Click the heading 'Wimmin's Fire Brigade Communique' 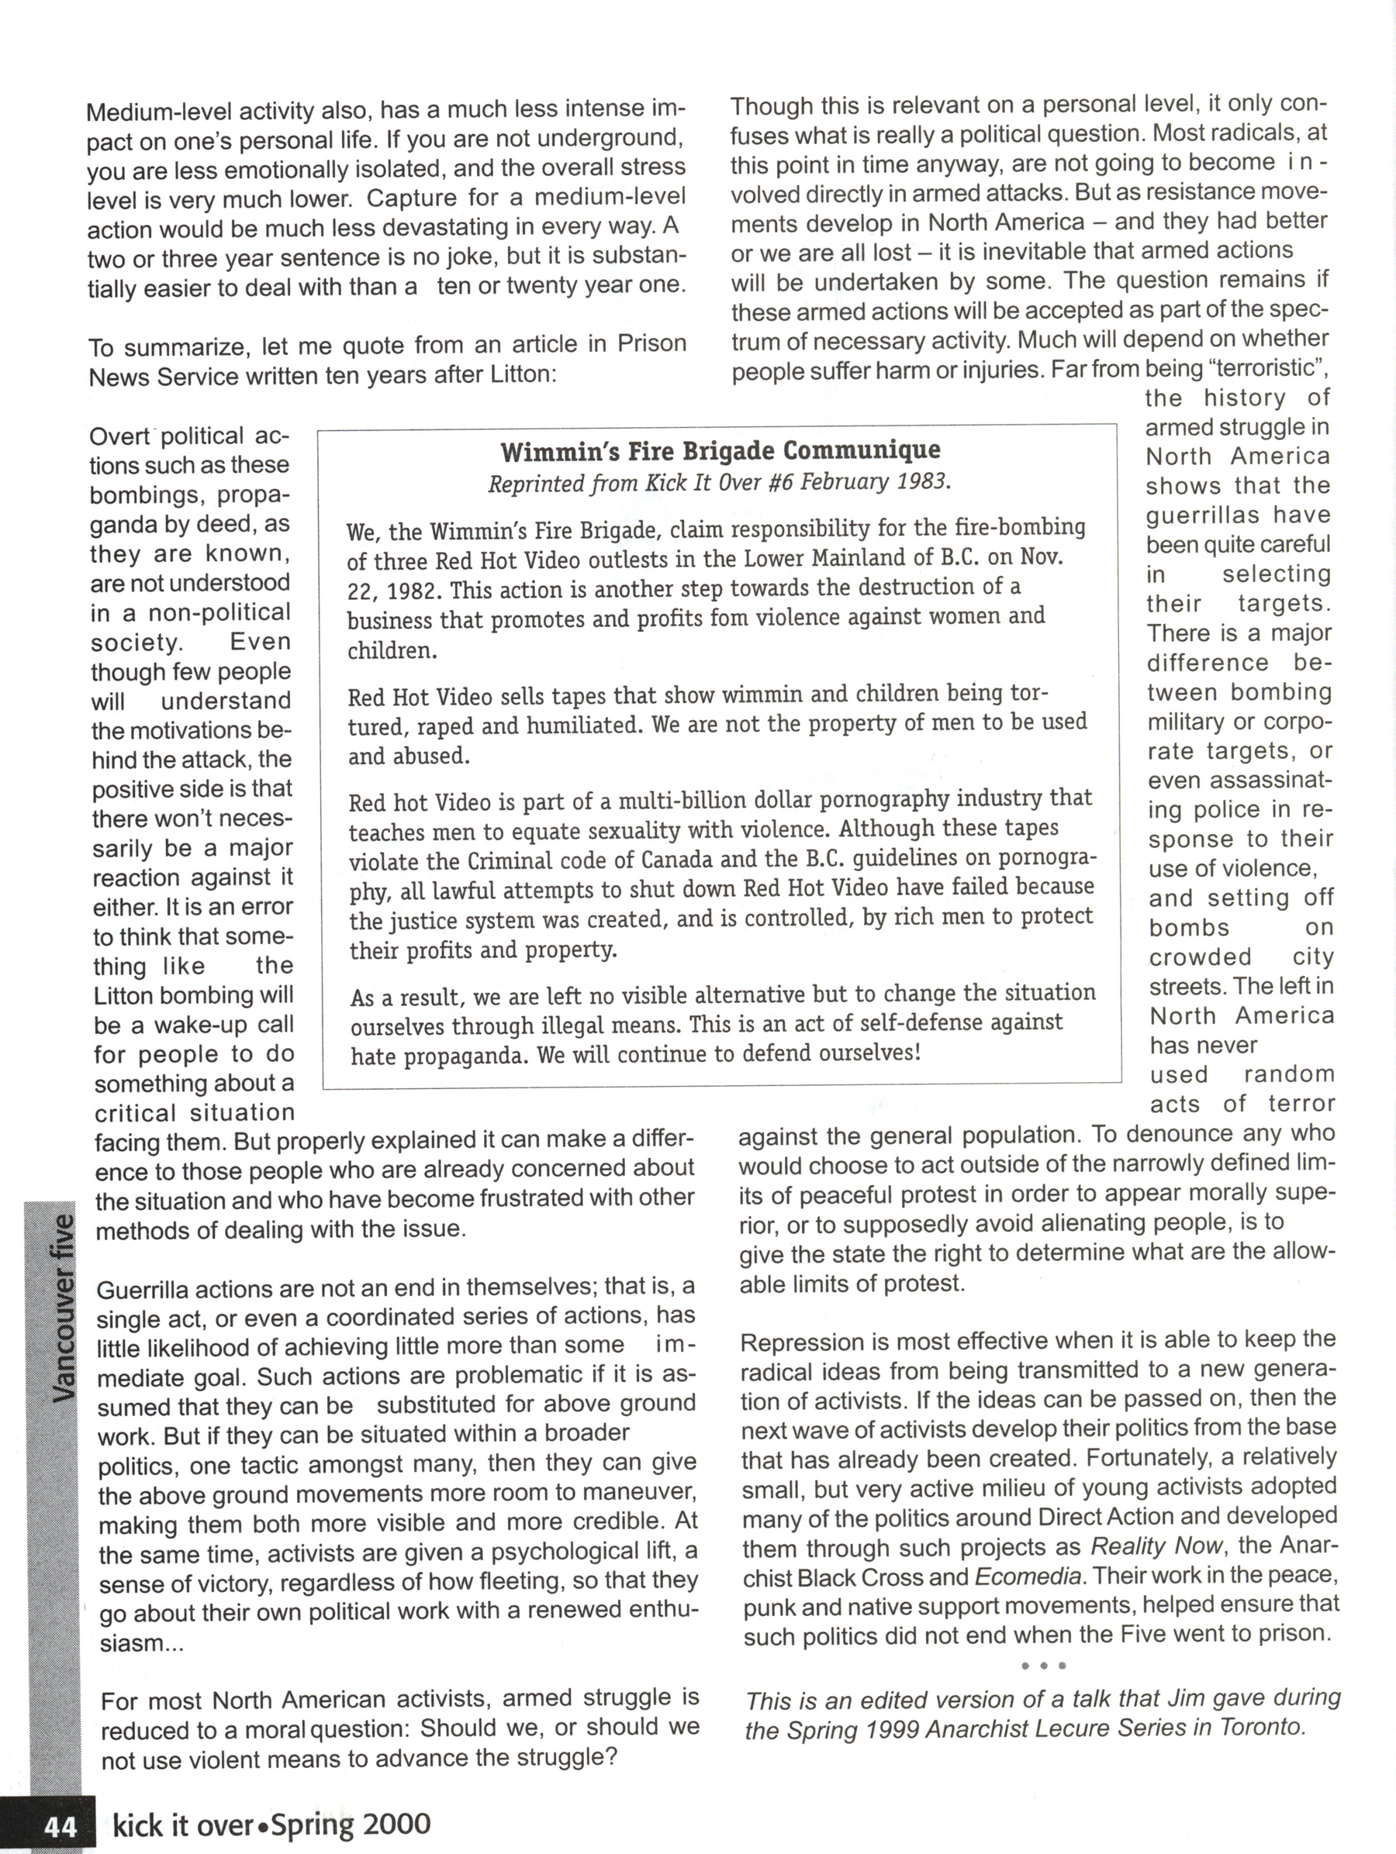coord(720,451)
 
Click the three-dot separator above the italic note coord(1043,1665)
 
